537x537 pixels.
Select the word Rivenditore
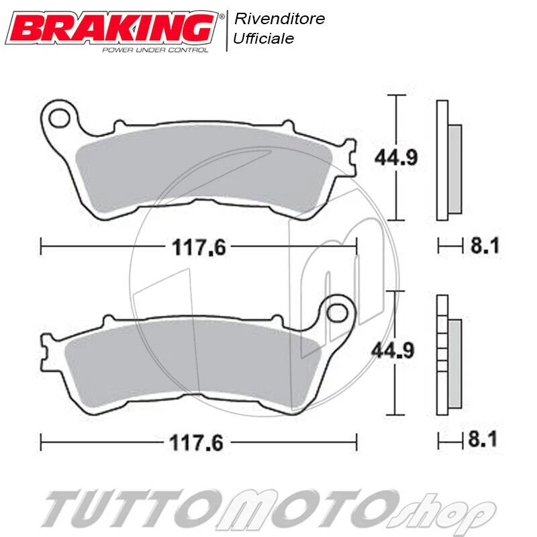click(279, 19)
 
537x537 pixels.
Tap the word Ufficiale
click(263, 39)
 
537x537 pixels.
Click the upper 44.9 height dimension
click(396, 157)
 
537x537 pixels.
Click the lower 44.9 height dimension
click(396, 350)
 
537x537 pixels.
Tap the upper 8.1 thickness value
click(484, 246)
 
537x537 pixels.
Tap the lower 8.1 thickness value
click(484, 441)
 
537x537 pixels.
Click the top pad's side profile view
click(448, 161)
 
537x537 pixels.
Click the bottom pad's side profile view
click(448, 356)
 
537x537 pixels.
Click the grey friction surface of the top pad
click(201, 168)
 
